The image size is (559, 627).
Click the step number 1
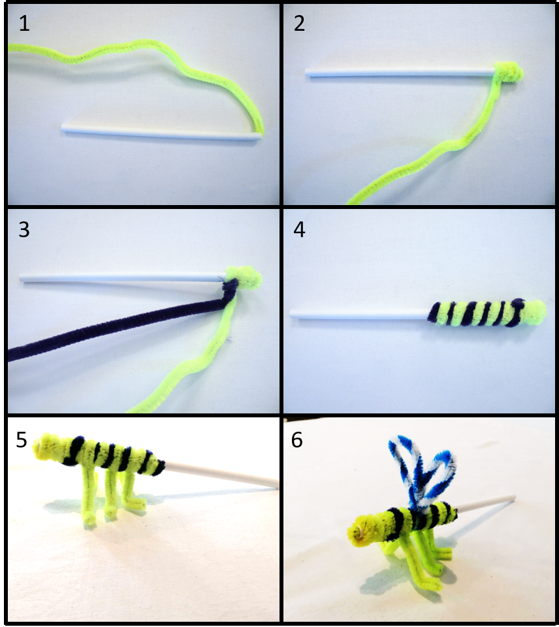pos(24,24)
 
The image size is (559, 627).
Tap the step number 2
pos(299,24)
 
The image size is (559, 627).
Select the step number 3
pos(24,229)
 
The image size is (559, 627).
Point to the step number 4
pos(299,229)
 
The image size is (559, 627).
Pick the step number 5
pos(22,440)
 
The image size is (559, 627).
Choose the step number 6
pos(297,440)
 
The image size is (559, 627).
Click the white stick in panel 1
pos(161,132)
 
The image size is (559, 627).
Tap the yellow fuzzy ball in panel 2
pos(508,72)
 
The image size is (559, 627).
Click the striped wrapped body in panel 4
pos(487,313)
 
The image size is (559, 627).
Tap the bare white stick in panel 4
pos(359,314)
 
